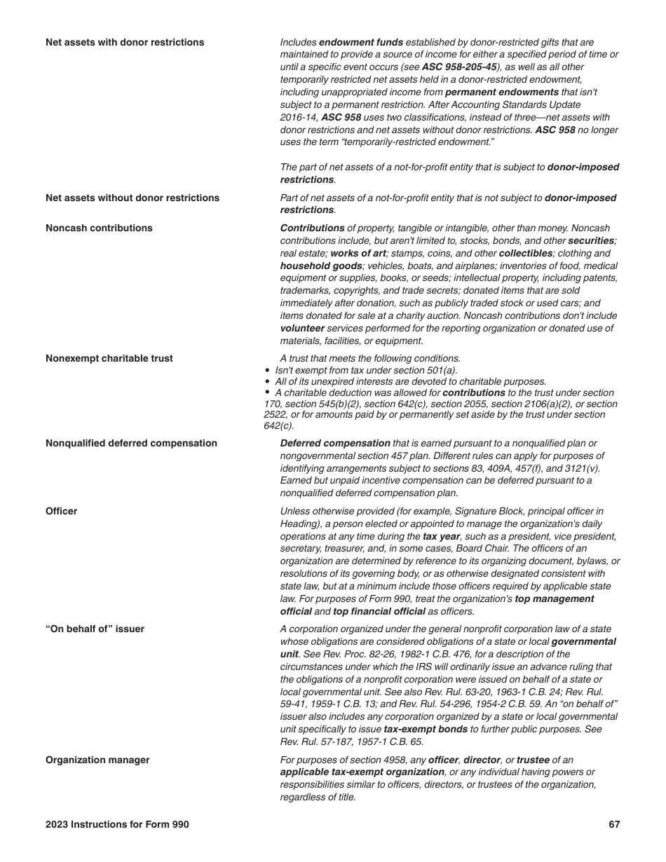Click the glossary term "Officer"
coord(62,511)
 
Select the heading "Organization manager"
coord(97,760)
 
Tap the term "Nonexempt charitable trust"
coord(109,358)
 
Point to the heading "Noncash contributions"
coord(99,228)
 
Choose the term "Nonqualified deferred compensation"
coord(131,443)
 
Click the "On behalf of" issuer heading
coord(95,629)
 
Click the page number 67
coord(614,824)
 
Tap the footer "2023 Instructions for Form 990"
coord(117,824)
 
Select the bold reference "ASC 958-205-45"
coord(459,67)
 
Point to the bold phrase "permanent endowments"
coord(502,93)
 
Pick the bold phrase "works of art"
coord(358,253)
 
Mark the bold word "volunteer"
coord(302,328)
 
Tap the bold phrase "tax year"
coord(441,536)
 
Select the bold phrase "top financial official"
coord(379,611)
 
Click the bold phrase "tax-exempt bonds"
coord(426,729)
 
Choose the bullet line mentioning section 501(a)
coord(365,370)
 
